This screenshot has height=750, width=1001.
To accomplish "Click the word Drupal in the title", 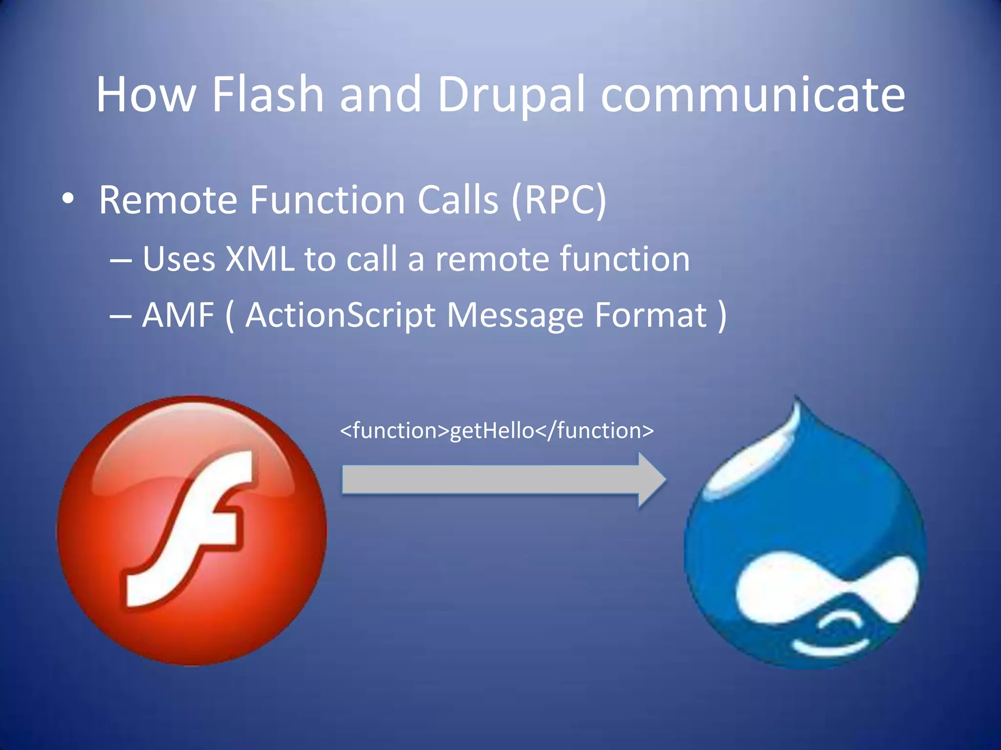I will click(x=511, y=95).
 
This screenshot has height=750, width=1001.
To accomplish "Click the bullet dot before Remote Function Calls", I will click(x=68, y=199).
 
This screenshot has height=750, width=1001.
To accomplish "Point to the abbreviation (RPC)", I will click(x=559, y=200).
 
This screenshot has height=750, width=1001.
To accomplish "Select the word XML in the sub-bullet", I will click(x=260, y=258).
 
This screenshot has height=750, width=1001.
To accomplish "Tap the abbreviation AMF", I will click(x=178, y=315).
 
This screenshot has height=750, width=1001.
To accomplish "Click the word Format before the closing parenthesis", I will click(x=651, y=315).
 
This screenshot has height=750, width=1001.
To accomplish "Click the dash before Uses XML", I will click(x=120, y=260).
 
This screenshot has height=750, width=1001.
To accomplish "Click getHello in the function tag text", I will click(x=492, y=431).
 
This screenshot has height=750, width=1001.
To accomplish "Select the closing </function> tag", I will click(x=594, y=431).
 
